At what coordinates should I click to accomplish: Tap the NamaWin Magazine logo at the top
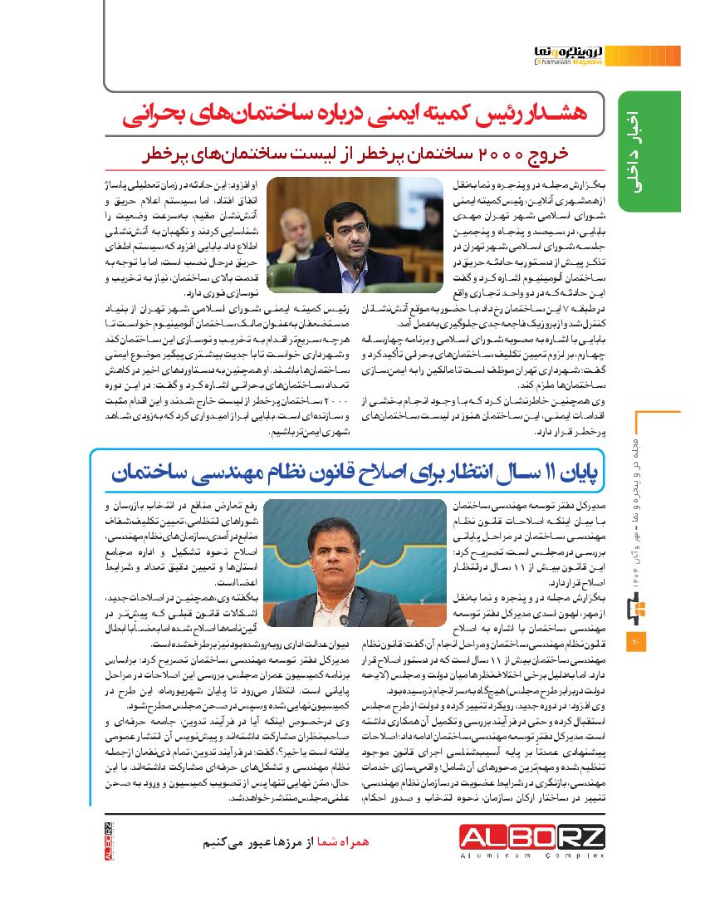[571, 55]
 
